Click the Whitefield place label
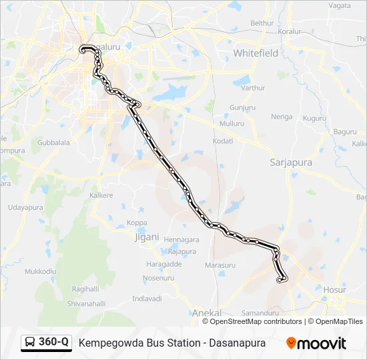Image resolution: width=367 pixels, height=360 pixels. [256, 53]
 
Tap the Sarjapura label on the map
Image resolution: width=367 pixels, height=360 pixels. [292, 162]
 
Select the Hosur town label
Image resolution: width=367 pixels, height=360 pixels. [334, 290]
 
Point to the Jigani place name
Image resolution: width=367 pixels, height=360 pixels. [147, 237]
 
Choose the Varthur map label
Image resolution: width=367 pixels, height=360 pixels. [253, 88]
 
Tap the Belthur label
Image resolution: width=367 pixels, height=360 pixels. [262, 23]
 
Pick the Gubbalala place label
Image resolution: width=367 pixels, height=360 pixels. [53, 143]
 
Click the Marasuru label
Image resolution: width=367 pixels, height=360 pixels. [220, 265]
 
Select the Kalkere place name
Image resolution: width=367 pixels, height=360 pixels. [101, 195]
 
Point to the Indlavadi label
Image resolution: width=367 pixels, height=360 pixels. [147, 298]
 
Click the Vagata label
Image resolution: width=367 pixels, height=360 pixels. [339, 5]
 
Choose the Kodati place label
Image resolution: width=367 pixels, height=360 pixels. [222, 141]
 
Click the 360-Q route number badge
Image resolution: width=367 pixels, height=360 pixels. [54, 342]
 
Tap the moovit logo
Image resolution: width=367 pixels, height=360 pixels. [316, 343]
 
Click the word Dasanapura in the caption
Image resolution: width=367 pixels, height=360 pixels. [237, 343]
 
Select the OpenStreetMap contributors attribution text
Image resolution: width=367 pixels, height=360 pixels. [256, 321]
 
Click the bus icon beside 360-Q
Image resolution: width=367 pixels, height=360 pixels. [31, 343]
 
